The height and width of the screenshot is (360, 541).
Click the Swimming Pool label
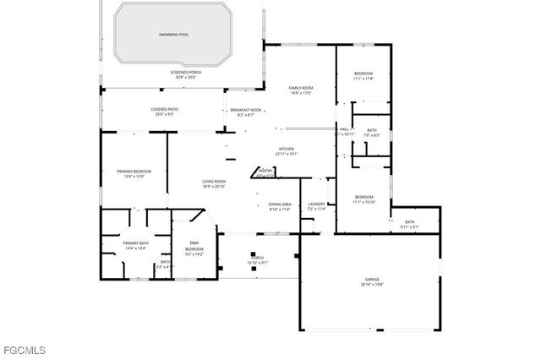pos(173,35)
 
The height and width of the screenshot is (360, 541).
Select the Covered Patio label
pos(165,109)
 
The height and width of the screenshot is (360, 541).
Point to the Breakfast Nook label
pos(246,110)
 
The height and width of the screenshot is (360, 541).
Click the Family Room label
pos(301,88)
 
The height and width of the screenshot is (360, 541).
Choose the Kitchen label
pos(287,149)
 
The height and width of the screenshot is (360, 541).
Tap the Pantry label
pos(265,171)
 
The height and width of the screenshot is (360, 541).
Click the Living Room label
pos(213,182)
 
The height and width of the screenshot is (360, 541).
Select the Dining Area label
pos(280,204)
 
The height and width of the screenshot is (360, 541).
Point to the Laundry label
pos(317,204)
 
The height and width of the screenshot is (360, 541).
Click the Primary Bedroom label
pos(134,172)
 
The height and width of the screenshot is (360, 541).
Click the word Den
pos(194,243)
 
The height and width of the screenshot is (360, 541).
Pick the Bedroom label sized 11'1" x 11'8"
pos(363,74)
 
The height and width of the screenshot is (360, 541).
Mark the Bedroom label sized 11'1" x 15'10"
pos(363,198)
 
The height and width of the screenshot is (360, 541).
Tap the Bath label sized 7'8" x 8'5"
pos(371,130)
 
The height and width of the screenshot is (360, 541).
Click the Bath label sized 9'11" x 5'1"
pos(409,222)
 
